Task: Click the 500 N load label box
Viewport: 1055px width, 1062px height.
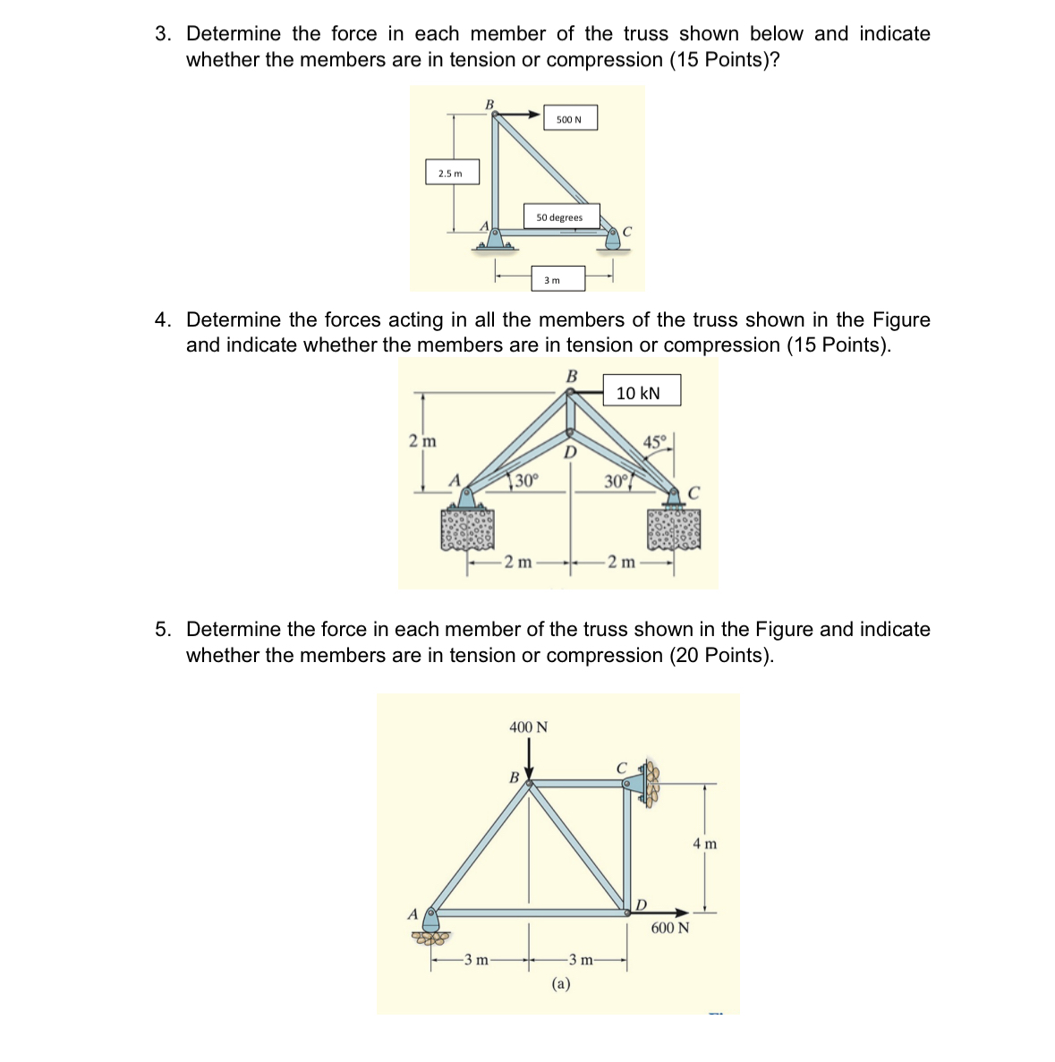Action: [569, 119]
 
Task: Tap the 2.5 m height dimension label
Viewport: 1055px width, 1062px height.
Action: [451, 173]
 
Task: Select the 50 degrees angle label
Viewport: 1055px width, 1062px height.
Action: [560, 217]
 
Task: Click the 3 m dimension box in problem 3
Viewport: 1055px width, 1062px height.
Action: [553, 280]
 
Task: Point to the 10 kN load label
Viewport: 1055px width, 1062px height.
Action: [639, 393]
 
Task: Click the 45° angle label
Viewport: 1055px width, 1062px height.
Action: [655, 441]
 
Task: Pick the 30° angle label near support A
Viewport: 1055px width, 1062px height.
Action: [525, 480]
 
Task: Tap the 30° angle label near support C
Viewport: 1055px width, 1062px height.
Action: [616, 481]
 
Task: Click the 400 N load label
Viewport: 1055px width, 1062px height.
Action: [528, 727]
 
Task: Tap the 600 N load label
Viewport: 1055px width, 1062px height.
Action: [670, 928]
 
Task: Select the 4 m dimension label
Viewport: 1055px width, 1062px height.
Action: [705, 844]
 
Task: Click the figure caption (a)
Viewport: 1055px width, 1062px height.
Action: [561, 984]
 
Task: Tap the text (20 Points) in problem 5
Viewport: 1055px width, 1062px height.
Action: [720, 656]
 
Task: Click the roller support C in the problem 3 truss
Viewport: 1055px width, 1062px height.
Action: [613, 238]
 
